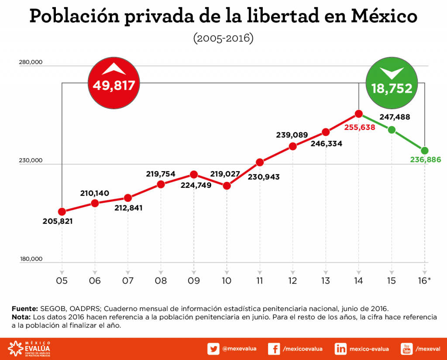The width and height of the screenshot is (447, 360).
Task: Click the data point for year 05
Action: pyautogui.click(x=62, y=212)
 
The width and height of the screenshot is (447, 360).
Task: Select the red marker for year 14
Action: pyautogui.click(x=359, y=114)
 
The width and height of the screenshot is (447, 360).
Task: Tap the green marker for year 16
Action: pyautogui.click(x=424, y=150)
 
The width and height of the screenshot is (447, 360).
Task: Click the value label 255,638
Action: pyautogui.click(x=360, y=128)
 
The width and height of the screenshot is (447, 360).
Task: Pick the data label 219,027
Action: pyautogui.click(x=225, y=174)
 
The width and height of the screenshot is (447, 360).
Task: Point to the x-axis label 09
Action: pyautogui.click(x=194, y=281)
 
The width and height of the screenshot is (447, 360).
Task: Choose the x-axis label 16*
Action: pyautogui.click(x=424, y=281)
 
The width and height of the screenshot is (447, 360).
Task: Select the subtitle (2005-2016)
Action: pyautogui.click(x=223, y=38)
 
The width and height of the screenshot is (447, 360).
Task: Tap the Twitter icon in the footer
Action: pyautogui.click(x=213, y=349)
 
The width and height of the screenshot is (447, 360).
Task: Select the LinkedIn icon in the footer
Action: pyautogui.click(x=340, y=349)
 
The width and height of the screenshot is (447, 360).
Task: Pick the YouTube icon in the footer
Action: pyautogui.click(x=406, y=349)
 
